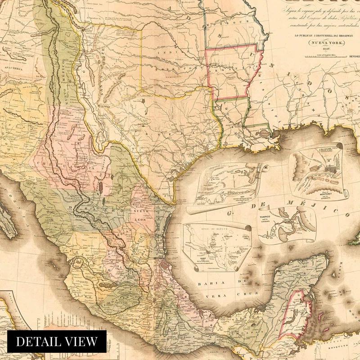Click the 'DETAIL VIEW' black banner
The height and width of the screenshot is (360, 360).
56,341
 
